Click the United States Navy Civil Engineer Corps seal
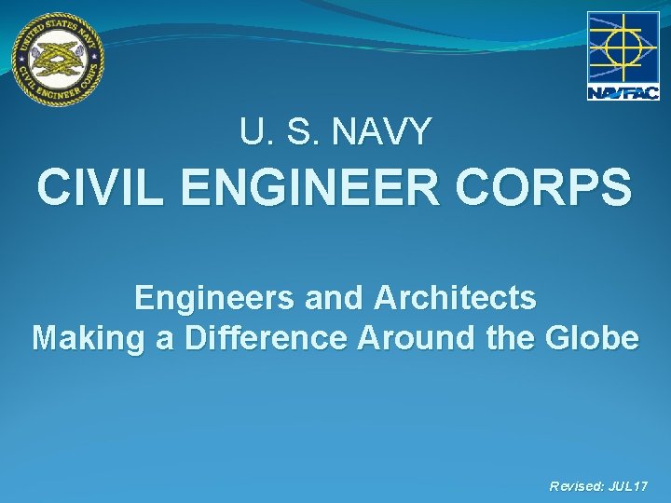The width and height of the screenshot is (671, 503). pos(58,58)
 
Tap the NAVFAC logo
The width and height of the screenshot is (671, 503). pos(623,56)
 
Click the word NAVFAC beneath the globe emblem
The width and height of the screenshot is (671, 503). pos(623,91)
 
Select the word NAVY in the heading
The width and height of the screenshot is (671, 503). pos(387,132)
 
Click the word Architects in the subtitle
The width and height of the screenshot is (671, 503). pos(456,298)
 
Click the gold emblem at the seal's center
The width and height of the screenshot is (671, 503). pos(58,58)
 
